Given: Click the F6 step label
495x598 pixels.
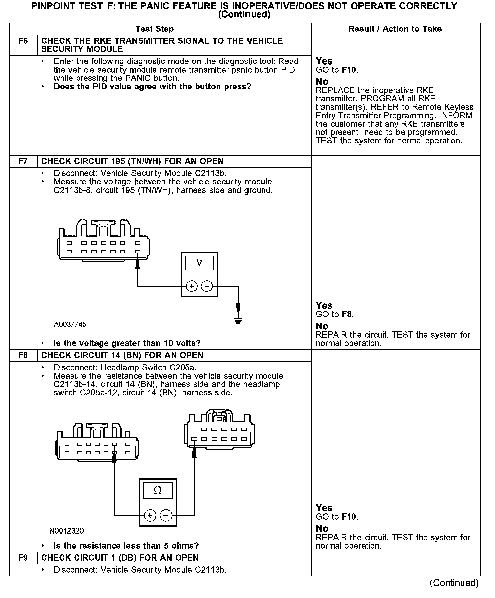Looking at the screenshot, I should click(23, 41).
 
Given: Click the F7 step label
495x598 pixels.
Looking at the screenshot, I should click(23, 161).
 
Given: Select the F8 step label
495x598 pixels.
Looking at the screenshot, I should click(23, 355).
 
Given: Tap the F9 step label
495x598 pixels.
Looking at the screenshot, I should click(23, 558).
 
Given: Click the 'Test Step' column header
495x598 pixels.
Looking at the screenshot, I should click(154, 29).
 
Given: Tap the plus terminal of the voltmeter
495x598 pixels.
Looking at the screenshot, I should click(192, 286).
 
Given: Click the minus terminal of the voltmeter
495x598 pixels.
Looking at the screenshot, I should click(207, 286).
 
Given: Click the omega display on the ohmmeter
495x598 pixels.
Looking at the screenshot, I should click(158, 490).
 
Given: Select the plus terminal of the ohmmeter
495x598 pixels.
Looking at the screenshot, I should click(150, 515).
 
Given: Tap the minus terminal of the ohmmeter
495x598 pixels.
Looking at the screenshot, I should click(166, 515).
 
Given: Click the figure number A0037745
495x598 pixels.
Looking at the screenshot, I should click(70, 324).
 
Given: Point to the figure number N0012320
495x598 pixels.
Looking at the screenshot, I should click(67, 531).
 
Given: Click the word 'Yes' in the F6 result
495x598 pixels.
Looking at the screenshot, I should click(324, 61).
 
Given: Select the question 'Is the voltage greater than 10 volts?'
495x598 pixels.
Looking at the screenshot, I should click(127, 343).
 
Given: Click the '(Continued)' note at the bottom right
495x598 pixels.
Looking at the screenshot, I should click(454, 583).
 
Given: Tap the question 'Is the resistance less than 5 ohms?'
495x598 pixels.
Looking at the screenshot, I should click(126, 546).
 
